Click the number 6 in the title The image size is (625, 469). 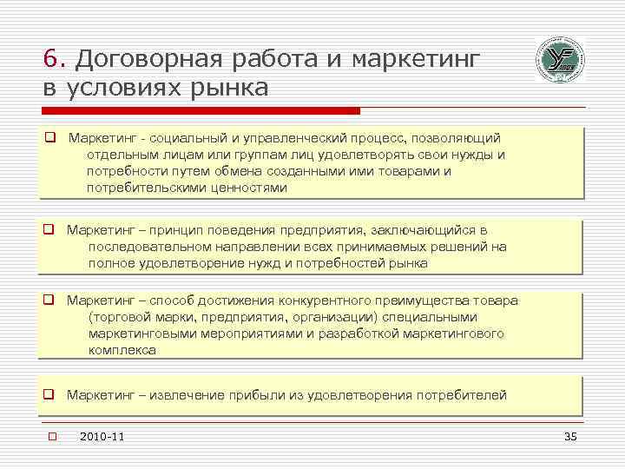pyautogui.click(x=50, y=59)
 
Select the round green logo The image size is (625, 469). pyautogui.click(x=560, y=61)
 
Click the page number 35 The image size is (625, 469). pyautogui.click(x=569, y=436)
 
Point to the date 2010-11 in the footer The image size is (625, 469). pyautogui.click(x=102, y=436)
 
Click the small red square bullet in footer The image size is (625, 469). pyautogui.click(x=52, y=436)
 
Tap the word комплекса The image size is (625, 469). pyautogui.click(x=122, y=350)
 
